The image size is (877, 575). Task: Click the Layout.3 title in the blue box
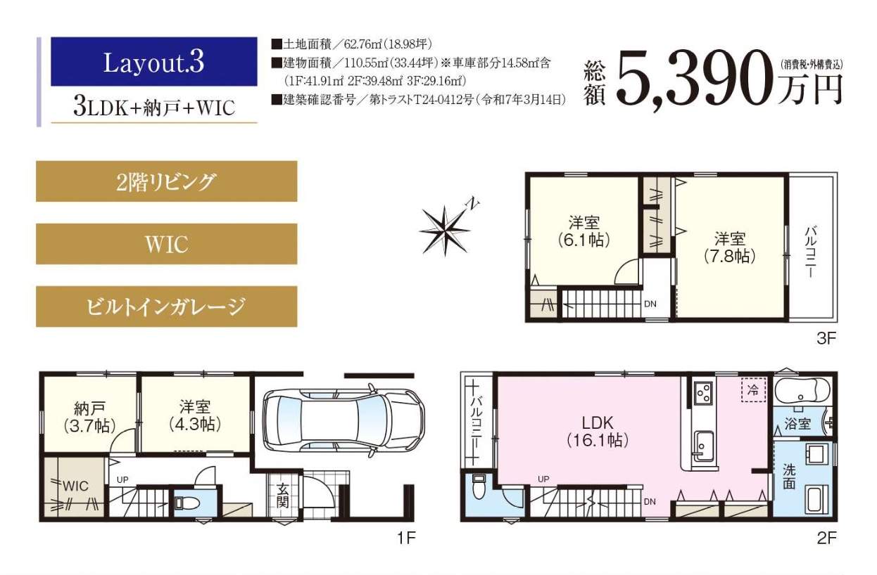153,62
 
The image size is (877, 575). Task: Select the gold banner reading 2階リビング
166,182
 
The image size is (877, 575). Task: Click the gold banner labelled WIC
166,244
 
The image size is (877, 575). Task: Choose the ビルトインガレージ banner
166,306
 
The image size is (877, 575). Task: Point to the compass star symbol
446,228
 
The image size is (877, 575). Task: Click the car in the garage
343,420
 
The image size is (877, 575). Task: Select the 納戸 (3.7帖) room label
89,415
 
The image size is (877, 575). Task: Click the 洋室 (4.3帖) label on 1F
194,415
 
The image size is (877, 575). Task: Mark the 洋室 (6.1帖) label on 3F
584,231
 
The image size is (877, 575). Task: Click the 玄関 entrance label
282,495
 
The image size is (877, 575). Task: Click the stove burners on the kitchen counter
702,394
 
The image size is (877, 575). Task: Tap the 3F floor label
826,338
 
